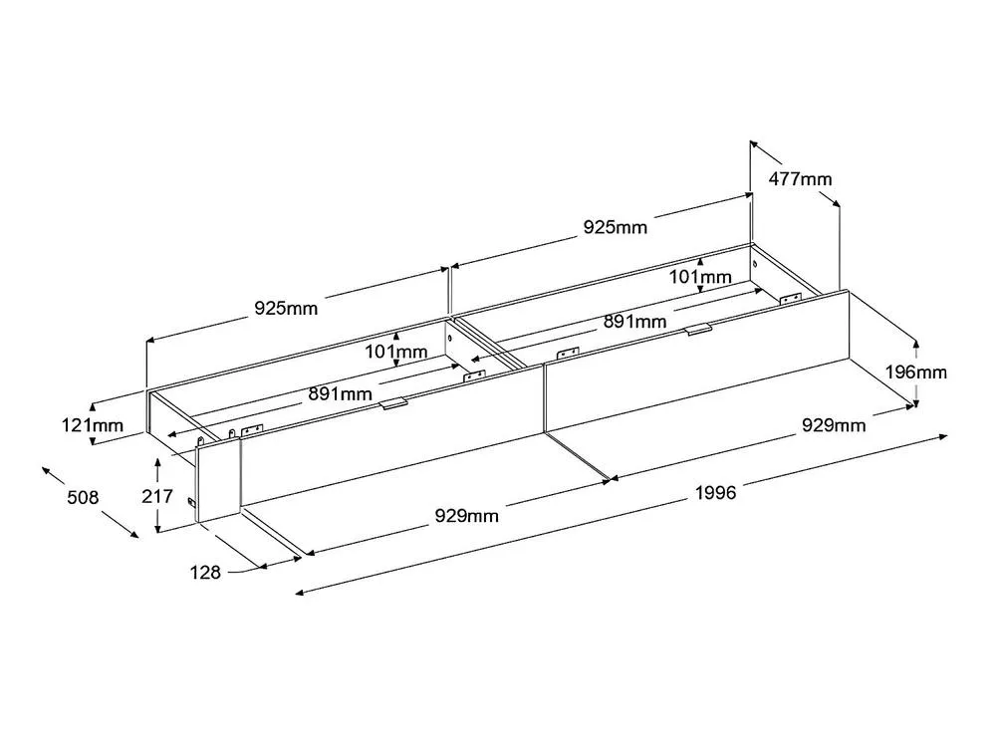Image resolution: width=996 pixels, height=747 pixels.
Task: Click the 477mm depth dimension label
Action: click(800, 179)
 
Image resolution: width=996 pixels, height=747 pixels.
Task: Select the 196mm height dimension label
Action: click(916, 372)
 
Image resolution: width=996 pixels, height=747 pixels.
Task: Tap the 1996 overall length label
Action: click(716, 492)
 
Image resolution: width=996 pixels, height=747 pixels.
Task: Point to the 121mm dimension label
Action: click(93, 424)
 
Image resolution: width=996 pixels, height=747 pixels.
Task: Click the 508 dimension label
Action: click(84, 497)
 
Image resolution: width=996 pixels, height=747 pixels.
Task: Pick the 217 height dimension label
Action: click(157, 495)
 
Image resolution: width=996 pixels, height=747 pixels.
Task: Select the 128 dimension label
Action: click(205, 573)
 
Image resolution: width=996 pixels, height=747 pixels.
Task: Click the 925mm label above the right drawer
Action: click(616, 227)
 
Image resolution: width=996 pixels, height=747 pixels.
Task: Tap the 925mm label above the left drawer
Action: click(286, 308)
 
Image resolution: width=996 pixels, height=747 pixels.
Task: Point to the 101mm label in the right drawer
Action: click(700, 277)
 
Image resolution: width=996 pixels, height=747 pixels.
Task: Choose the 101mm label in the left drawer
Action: click(395, 352)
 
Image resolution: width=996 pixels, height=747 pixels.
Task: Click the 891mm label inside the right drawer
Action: click(635, 322)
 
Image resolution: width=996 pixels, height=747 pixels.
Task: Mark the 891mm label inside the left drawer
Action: click(341, 393)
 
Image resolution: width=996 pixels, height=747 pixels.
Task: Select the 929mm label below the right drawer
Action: click(834, 425)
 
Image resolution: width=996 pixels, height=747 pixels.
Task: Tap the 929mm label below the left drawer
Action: click(467, 515)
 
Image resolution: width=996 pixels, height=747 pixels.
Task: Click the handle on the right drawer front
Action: click(699, 329)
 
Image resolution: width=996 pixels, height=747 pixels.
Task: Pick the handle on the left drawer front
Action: click(393, 404)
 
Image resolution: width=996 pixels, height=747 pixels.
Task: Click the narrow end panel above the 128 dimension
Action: click(218, 480)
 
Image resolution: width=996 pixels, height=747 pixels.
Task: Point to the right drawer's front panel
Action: click(697, 361)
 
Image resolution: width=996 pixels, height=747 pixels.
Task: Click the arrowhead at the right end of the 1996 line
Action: click(943, 436)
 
